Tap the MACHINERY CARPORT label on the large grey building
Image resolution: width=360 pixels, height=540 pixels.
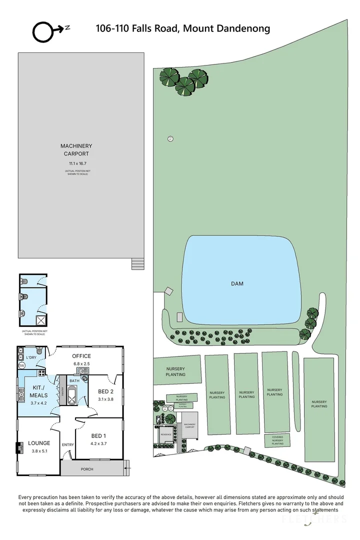click(76, 150)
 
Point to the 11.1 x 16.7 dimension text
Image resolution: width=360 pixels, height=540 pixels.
click(76, 163)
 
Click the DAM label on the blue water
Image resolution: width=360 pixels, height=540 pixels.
click(237, 283)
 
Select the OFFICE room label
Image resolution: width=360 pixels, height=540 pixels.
click(81, 356)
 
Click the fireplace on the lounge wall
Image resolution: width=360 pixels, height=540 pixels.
click(19, 448)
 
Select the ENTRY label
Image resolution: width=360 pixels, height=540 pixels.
click(67, 444)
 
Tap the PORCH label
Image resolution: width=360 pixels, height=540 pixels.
click(86, 469)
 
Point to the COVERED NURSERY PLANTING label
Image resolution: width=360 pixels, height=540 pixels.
click(277, 440)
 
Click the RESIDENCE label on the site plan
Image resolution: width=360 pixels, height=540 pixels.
click(165, 434)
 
